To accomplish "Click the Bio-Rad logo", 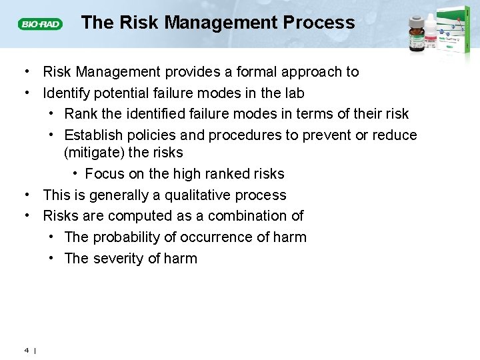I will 40,24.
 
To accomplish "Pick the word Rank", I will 81,114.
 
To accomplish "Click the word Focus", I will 103,174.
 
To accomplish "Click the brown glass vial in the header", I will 417,33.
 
